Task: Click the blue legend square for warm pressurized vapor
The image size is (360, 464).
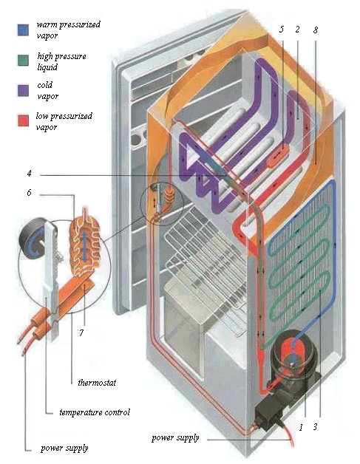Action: pyautogui.click(x=23, y=30)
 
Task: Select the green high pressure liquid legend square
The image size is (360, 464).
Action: pyautogui.click(x=23, y=61)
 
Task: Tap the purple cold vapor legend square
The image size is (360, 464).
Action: pyautogui.click(x=23, y=91)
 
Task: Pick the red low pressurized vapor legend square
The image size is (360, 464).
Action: pyautogui.click(x=23, y=120)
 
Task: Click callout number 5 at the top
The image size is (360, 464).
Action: pyautogui.click(x=281, y=30)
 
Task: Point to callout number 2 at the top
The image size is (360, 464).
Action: pyautogui.click(x=297, y=30)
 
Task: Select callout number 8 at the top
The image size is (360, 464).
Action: pyautogui.click(x=316, y=30)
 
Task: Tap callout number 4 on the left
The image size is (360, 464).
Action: pyautogui.click(x=29, y=173)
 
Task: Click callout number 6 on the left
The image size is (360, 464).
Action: pyautogui.click(x=29, y=193)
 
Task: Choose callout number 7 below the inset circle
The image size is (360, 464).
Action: pyautogui.click(x=81, y=332)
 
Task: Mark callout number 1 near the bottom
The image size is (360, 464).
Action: pyautogui.click(x=301, y=427)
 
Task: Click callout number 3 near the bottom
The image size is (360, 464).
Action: pyautogui.click(x=316, y=427)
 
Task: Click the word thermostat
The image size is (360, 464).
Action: pyautogui.click(x=97, y=383)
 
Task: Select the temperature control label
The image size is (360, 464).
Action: pyautogui.click(x=95, y=412)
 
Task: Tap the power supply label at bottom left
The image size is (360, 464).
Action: pyautogui.click(x=64, y=448)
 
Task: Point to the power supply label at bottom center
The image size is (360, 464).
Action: pyautogui.click(x=175, y=437)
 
